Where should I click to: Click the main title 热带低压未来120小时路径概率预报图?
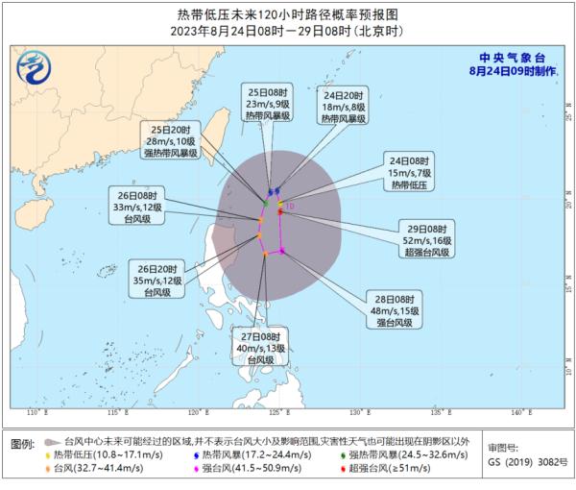coord(288,13)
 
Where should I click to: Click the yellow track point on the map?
coord(280,204)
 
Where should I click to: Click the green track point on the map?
coord(266,203)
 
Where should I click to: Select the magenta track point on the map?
coord(283,252)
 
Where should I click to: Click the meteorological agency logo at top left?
coord(34,67)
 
